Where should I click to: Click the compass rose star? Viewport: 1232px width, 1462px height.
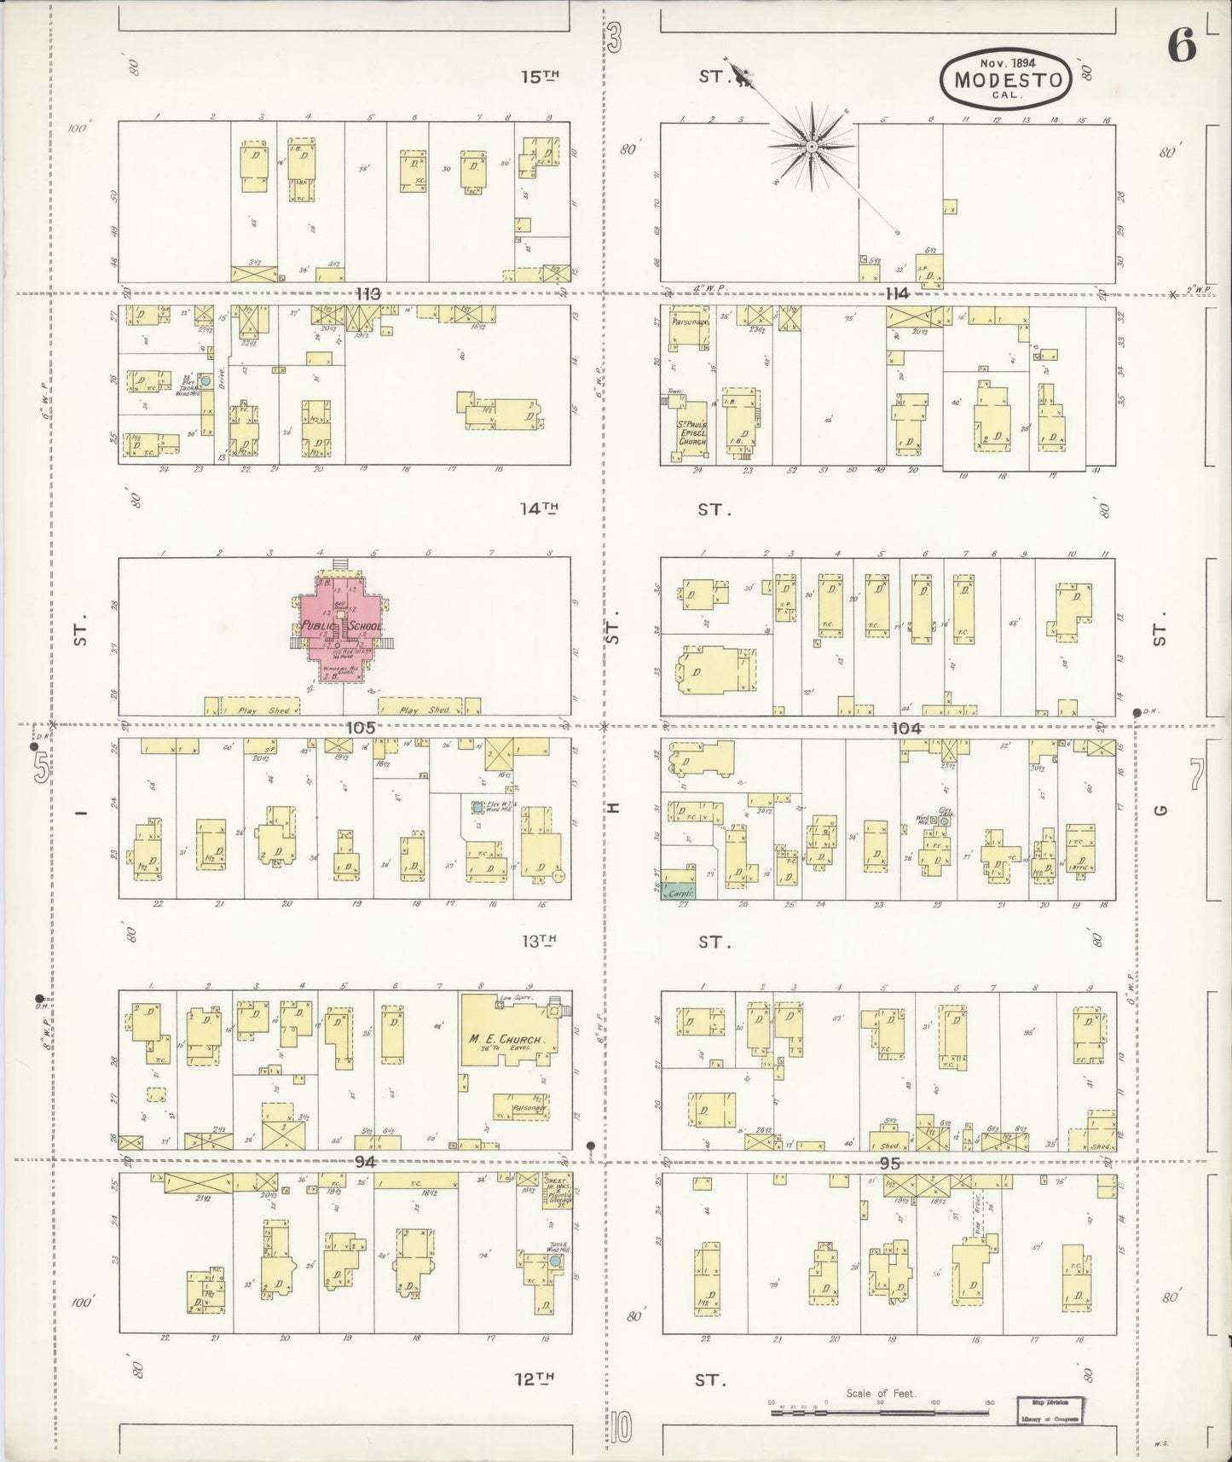pyautogui.click(x=813, y=147)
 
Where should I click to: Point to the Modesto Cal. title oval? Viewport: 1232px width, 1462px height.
pyautogui.click(x=1006, y=78)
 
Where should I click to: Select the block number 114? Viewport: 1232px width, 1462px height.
pyautogui.click(x=897, y=293)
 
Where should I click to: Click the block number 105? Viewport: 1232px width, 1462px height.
pyautogui.click(x=361, y=728)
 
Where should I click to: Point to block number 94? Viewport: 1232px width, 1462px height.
pyautogui.click(x=366, y=1161)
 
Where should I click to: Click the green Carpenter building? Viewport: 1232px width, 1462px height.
pyautogui.click(x=680, y=892)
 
